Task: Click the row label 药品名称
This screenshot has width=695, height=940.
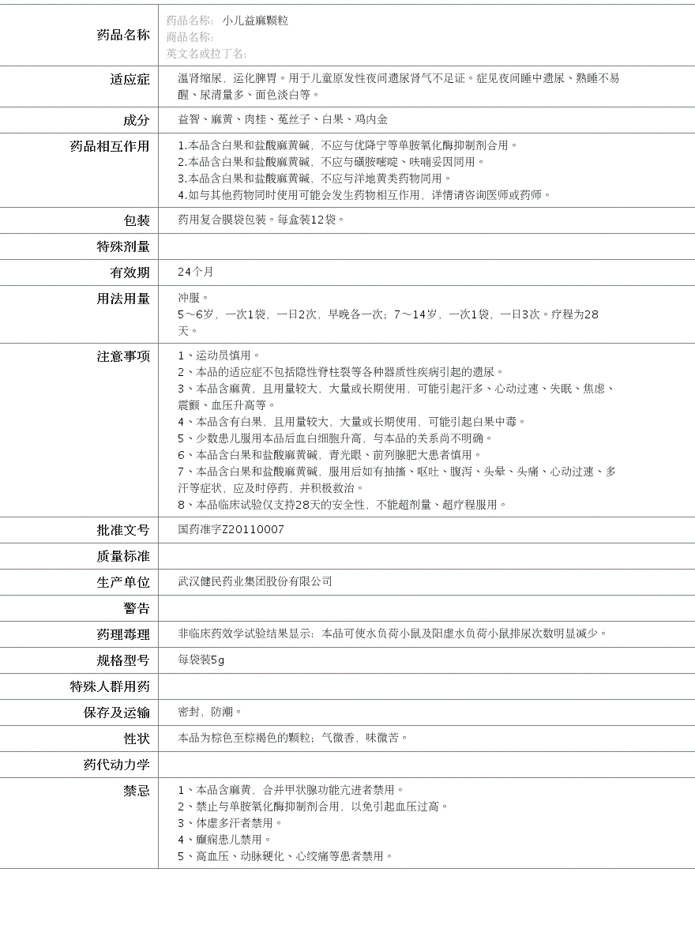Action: [x=122, y=35]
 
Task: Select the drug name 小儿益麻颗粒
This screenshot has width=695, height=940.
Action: [x=255, y=21]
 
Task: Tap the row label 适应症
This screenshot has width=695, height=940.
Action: [x=130, y=79]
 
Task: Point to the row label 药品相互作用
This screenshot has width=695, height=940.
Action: [x=110, y=146]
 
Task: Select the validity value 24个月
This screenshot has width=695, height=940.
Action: [x=195, y=272]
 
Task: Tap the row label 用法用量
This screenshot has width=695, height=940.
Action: [x=122, y=299]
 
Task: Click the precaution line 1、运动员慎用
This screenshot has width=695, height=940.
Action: [x=219, y=355]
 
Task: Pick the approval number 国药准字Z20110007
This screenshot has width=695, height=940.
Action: [x=231, y=529]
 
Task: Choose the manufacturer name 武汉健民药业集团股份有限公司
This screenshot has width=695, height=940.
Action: [x=255, y=581]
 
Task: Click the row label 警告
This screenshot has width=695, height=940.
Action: [x=136, y=608]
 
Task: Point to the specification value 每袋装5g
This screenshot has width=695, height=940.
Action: [x=201, y=660]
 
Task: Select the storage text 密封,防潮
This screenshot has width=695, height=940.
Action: [x=210, y=712]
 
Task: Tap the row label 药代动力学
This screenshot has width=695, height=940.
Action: [x=116, y=765]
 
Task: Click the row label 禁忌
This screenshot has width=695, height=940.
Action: [x=136, y=791]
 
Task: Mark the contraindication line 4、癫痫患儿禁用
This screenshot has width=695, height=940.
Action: [x=224, y=840]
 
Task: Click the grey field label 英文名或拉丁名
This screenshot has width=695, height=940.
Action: [x=205, y=54]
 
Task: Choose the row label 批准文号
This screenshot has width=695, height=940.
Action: [x=122, y=530]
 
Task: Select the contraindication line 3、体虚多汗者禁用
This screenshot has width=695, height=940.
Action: [x=230, y=823]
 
